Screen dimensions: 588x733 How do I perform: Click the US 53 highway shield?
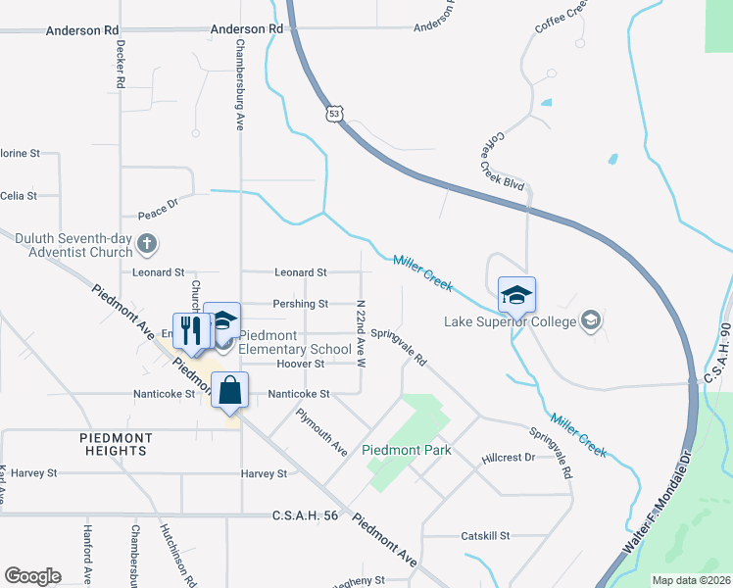(336, 115)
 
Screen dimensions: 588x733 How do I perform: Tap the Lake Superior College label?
(510, 320)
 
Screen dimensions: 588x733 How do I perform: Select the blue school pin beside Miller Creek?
(517, 293)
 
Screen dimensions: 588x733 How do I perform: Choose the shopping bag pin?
(229, 390)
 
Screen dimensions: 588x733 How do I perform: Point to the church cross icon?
(146, 242)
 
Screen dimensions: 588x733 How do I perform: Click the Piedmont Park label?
(407, 450)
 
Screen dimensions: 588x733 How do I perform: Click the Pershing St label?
(300, 304)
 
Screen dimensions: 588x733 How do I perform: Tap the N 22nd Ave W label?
(361, 334)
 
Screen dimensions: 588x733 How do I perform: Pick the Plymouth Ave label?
(322, 431)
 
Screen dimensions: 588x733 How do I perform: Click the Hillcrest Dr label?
(509, 458)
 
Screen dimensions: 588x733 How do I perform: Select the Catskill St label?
(487, 536)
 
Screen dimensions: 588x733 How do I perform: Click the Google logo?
(33, 576)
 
